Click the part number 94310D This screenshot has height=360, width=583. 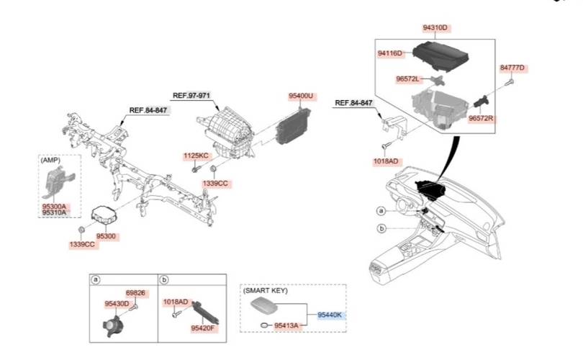(x=435, y=28)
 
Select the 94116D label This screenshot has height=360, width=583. (x=390, y=53)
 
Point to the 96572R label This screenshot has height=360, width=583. (x=482, y=117)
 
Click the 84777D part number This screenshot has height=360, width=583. (x=513, y=68)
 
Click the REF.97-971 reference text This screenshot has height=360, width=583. (x=191, y=95)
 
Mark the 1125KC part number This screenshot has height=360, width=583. (x=196, y=156)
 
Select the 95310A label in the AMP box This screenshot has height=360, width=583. (x=54, y=213)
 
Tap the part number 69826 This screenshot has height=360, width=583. (x=136, y=293)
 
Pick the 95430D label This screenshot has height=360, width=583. (x=117, y=304)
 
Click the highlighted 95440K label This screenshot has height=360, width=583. (x=331, y=315)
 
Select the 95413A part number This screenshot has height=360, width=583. (x=285, y=326)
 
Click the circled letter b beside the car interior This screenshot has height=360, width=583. (x=381, y=229)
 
